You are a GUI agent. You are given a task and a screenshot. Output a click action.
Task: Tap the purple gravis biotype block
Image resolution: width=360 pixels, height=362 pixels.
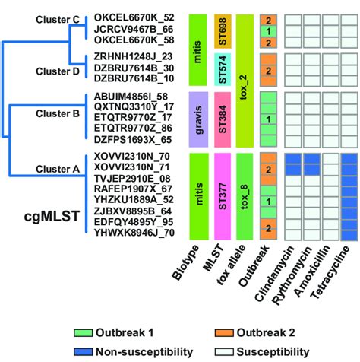pos(197,119)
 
